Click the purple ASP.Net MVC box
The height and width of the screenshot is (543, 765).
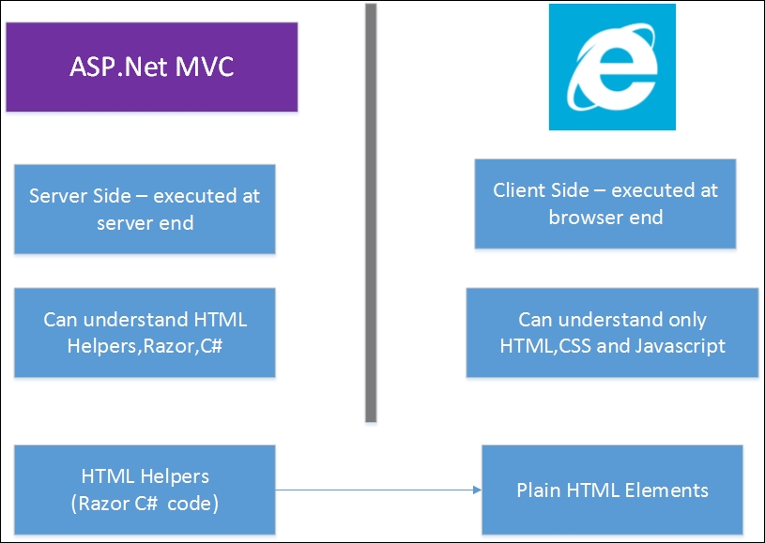152,67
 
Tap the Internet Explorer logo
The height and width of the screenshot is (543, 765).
612,67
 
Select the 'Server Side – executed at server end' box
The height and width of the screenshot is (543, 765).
145,209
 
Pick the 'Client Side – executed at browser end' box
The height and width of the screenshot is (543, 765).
605,204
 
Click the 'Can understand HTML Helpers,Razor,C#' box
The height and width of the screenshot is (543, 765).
145,332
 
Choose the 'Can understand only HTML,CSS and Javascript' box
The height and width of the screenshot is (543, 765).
612,332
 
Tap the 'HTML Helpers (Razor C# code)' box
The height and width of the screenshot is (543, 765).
145,490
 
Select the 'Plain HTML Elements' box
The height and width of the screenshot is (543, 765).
612,490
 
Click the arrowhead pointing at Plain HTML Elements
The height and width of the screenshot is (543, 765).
478,490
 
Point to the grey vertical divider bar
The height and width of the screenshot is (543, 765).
371,213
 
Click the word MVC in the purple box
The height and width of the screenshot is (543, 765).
205,67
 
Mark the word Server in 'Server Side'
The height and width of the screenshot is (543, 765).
55,196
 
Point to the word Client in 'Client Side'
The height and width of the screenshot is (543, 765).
517,190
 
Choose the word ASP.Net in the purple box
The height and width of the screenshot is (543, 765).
118,67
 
